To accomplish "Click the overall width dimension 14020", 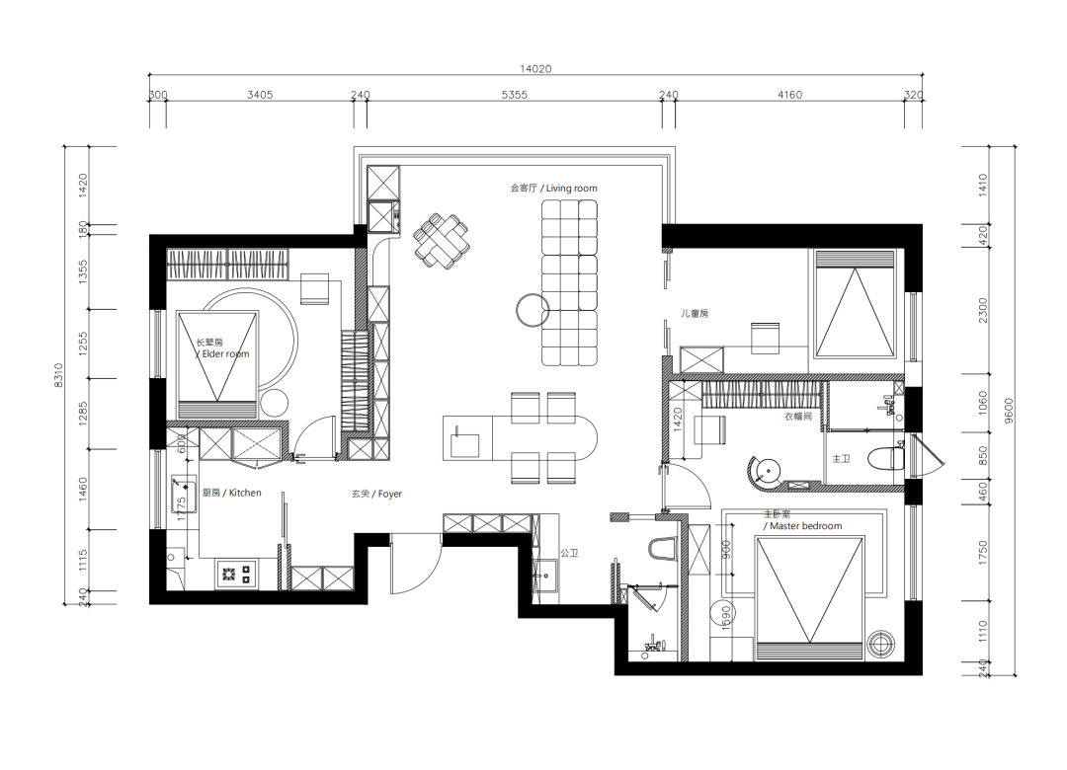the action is [535, 69].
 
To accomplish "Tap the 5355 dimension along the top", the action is [515, 95].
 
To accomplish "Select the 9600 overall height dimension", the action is [1009, 410].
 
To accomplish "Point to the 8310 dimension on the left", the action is [58, 375].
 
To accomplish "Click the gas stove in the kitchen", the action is [237, 575].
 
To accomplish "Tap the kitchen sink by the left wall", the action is [184, 494].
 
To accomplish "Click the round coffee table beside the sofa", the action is [533, 311].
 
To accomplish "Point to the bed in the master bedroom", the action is [809, 598].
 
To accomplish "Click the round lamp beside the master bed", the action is [883, 643].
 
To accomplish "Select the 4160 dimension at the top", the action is [789, 95].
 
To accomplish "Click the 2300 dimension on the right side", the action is [982, 310].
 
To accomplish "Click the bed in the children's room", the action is [855, 304].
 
